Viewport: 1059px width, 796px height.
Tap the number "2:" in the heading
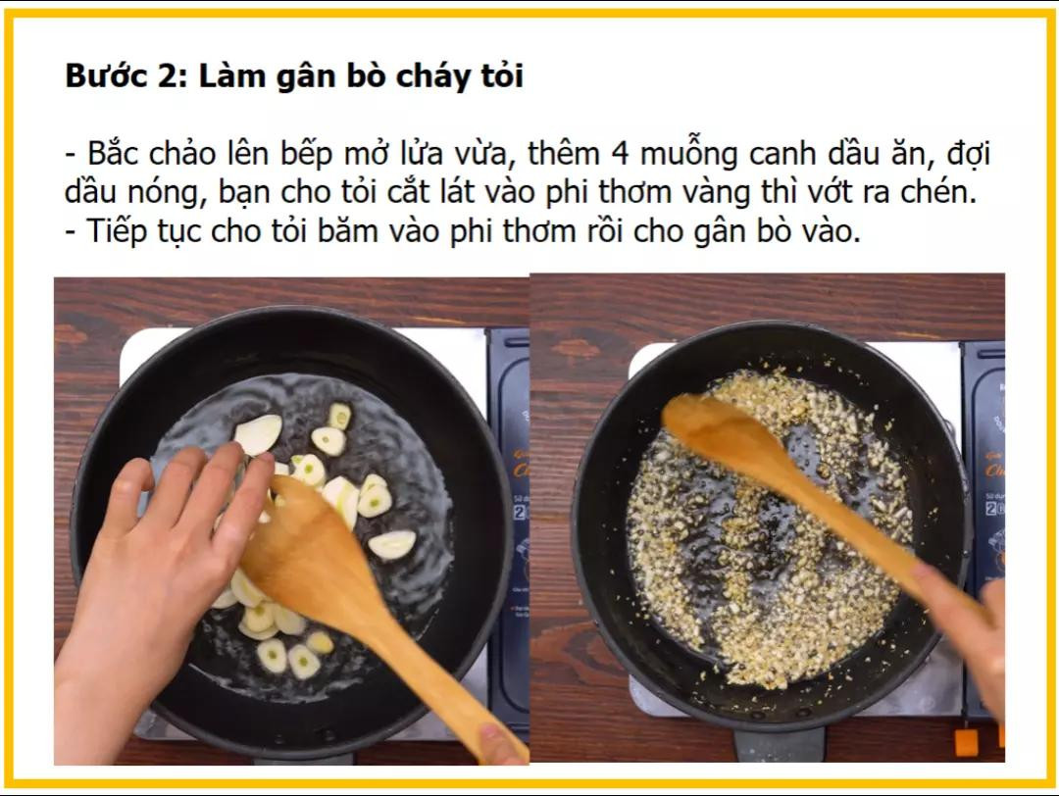click(171, 75)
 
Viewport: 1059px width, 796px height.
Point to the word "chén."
click(936, 191)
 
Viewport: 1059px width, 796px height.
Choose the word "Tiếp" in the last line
click(117, 232)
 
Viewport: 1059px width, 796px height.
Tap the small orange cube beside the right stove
click(966, 742)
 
